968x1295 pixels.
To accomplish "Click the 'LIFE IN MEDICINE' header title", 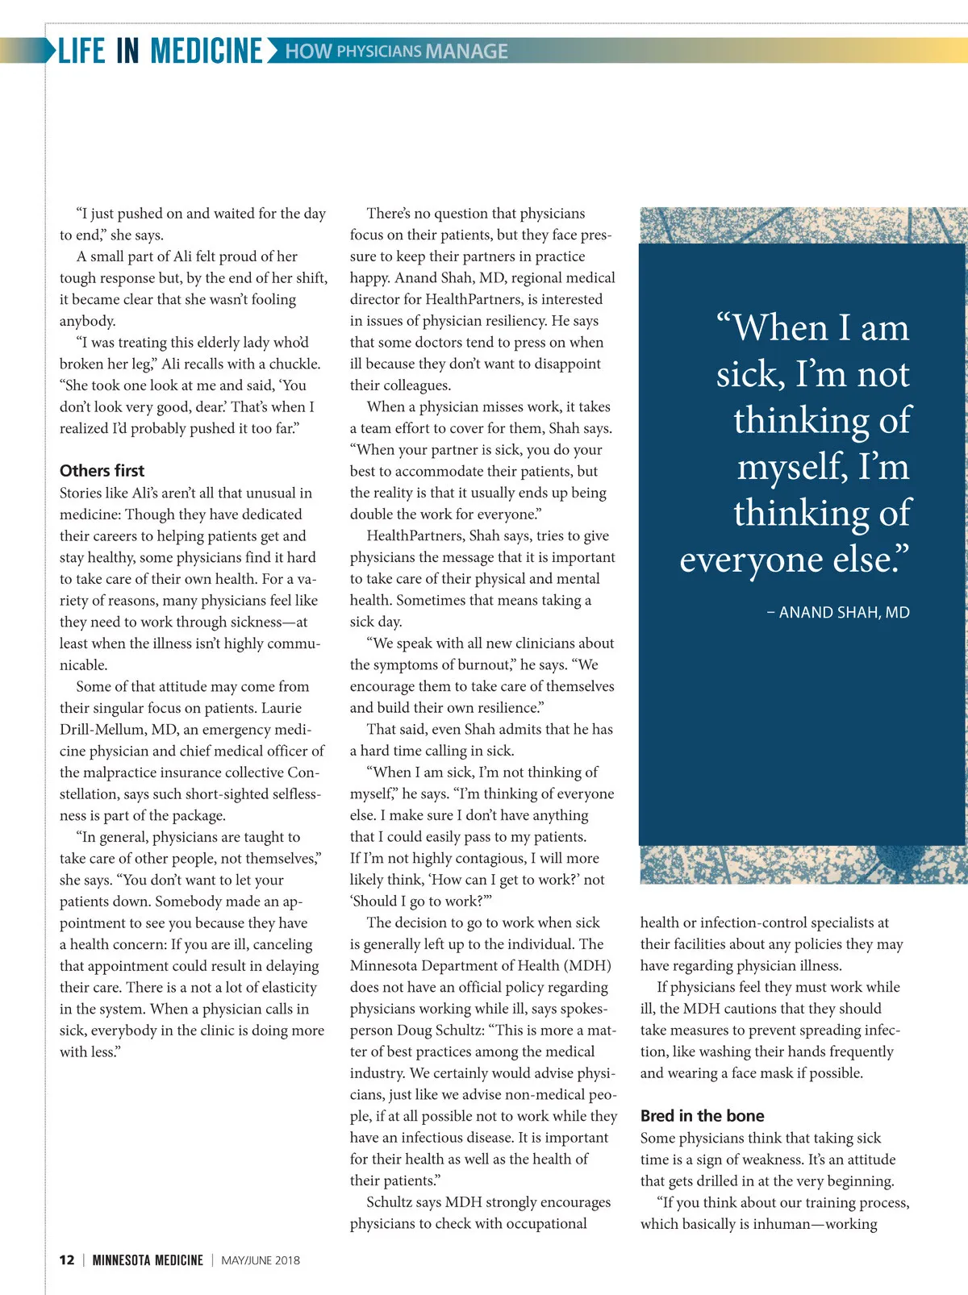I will tap(161, 51).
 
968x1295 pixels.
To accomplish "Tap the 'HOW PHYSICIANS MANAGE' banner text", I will tap(396, 52).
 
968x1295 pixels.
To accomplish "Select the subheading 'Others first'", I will tap(102, 471).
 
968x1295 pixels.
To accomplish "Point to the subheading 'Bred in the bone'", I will tap(702, 1116).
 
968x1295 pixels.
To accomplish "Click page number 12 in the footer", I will tap(67, 1260).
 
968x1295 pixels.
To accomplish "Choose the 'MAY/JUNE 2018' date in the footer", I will tap(261, 1260).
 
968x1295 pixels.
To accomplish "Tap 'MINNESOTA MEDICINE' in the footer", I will tap(148, 1260).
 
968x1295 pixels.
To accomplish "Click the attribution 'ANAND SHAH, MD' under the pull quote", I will tap(844, 613).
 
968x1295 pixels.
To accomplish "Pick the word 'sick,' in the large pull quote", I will tap(750, 374).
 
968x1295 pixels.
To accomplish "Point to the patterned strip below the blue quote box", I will tap(803, 864).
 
